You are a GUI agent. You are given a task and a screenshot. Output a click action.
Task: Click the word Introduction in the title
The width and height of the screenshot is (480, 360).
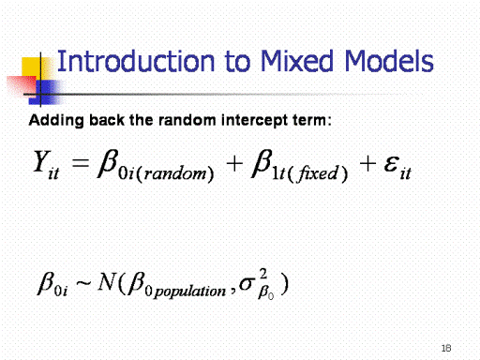pos(136,61)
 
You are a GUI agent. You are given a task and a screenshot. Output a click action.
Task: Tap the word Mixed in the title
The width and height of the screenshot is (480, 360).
pos(297,61)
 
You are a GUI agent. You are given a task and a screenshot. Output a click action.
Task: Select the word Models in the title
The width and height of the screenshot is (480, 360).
pos(389,61)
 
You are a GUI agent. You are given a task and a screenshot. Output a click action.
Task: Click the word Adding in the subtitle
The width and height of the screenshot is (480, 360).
pos(56,121)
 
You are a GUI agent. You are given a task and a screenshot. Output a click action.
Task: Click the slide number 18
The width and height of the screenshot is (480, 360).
pos(446,348)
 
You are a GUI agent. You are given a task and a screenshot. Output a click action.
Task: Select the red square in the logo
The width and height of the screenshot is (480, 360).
pos(22,86)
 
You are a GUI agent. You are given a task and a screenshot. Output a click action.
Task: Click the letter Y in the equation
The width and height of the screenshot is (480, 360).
pos(42,161)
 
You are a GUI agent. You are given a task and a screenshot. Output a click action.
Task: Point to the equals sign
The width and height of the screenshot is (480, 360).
pos(81,163)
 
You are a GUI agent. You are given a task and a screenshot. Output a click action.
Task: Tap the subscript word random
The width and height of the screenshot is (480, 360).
pos(175,173)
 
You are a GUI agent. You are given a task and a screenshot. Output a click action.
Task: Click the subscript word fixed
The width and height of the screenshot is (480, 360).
pos(318,172)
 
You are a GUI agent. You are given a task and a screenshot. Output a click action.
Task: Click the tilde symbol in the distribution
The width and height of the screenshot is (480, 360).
pos(83,283)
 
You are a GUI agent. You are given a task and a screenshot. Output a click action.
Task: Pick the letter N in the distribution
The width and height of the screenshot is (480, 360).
pos(107,281)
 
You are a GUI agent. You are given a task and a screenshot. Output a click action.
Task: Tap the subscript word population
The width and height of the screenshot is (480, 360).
pos(190,292)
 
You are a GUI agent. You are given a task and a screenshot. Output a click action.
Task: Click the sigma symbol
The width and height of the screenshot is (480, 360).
pos(247,284)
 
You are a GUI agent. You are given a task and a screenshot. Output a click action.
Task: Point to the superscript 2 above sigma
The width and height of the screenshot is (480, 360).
pos(263,274)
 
